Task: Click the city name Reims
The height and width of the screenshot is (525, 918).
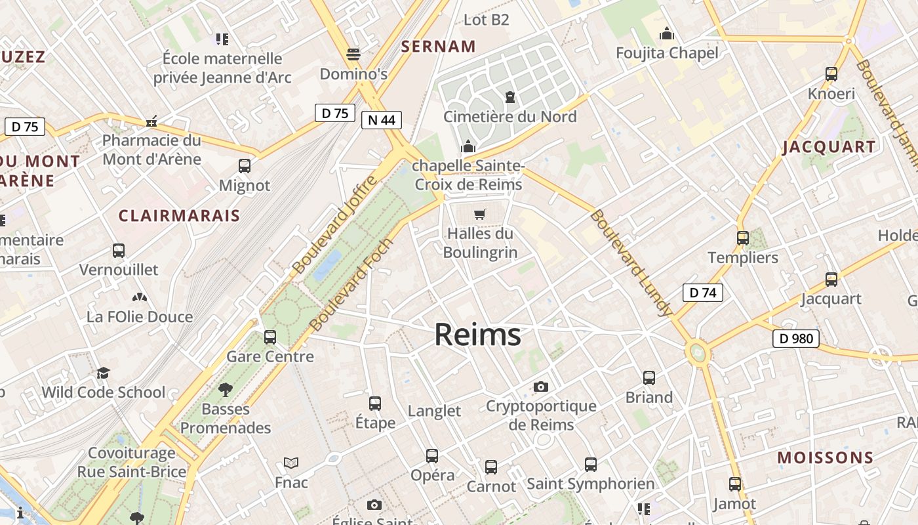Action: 477,335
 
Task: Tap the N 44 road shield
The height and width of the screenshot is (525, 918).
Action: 381,119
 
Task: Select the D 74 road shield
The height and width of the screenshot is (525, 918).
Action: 702,293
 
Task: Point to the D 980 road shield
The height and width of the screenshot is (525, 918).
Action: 796,339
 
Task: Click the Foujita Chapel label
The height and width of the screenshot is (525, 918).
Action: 667,52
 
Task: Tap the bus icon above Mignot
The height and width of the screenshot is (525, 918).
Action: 245,165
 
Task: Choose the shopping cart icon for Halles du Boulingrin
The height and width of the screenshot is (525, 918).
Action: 480,214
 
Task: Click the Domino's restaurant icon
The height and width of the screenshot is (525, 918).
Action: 353,54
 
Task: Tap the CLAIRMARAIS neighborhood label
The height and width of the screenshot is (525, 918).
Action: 179,215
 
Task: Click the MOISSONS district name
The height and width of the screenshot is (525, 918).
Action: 826,457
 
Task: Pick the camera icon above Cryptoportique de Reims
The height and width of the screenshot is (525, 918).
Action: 540,387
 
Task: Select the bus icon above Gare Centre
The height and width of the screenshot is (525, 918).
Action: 269,337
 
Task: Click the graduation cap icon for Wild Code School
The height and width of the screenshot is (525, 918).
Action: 103,373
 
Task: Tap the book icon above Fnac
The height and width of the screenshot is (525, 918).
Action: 291,463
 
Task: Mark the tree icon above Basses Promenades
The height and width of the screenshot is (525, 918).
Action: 226,390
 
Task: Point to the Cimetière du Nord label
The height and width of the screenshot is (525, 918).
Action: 509,117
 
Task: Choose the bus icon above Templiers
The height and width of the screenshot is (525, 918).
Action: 742,238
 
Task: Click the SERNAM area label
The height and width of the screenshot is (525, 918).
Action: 438,46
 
